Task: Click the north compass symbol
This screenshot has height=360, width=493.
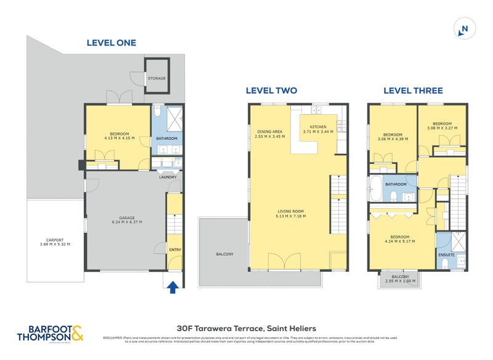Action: pyautogui.click(x=465, y=29)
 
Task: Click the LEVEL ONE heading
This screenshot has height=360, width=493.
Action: pyautogui.click(x=111, y=43)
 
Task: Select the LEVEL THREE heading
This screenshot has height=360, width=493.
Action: pyautogui.click(x=413, y=90)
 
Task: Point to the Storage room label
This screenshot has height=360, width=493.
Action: pyautogui.click(x=156, y=79)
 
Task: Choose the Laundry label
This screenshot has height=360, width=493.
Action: pyautogui.click(x=168, y=177)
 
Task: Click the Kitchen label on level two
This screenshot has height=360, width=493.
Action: pyautogui.click(x=318, y=126)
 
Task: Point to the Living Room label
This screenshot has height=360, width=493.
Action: pyautogui.click(x=291, y=211)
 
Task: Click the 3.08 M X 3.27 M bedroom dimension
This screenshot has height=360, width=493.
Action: pyautogui.click(x=442, y=128)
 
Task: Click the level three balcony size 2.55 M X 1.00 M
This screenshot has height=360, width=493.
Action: pyautogui.click(x=400, y=281)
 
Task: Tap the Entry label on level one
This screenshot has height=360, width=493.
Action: pyautogui.click(x=174, y=250)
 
